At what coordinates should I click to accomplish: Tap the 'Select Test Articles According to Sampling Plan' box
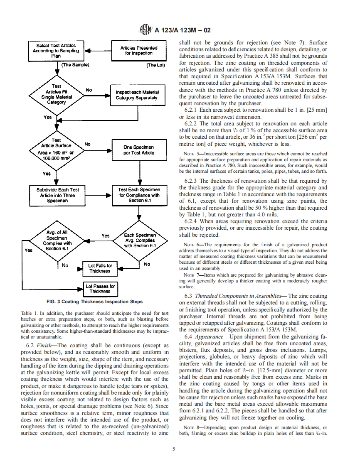[56, 51]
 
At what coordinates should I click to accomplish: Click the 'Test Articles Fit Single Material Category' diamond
[56, 94]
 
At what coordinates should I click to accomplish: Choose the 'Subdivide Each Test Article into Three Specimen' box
[56, 195]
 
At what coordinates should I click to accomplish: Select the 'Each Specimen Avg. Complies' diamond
[140, 240]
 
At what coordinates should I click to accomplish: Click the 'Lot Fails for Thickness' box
[100, 268]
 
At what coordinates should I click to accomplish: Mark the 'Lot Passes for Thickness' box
[100, 289]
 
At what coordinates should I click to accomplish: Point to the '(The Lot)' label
[155, 65]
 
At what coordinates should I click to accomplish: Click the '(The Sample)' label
[75, 65]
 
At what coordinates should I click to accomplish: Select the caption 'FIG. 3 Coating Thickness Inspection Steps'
[94, 302]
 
